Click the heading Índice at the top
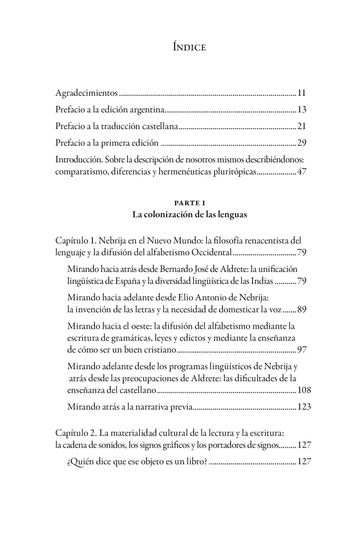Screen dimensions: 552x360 189,47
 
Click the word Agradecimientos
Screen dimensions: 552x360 86,93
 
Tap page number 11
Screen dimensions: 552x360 302,93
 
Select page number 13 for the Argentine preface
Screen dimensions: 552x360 302,110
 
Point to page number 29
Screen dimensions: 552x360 302,143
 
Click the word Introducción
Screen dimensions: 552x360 79,160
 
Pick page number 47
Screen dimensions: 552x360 302,172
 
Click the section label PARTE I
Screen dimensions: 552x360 189,203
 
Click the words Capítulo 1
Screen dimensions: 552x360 76,241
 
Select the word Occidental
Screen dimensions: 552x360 212,253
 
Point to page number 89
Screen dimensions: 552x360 302,310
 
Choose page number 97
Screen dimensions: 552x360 302,350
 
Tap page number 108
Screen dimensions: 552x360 304,390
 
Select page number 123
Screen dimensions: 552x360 304,407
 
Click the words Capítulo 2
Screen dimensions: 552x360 76,433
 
